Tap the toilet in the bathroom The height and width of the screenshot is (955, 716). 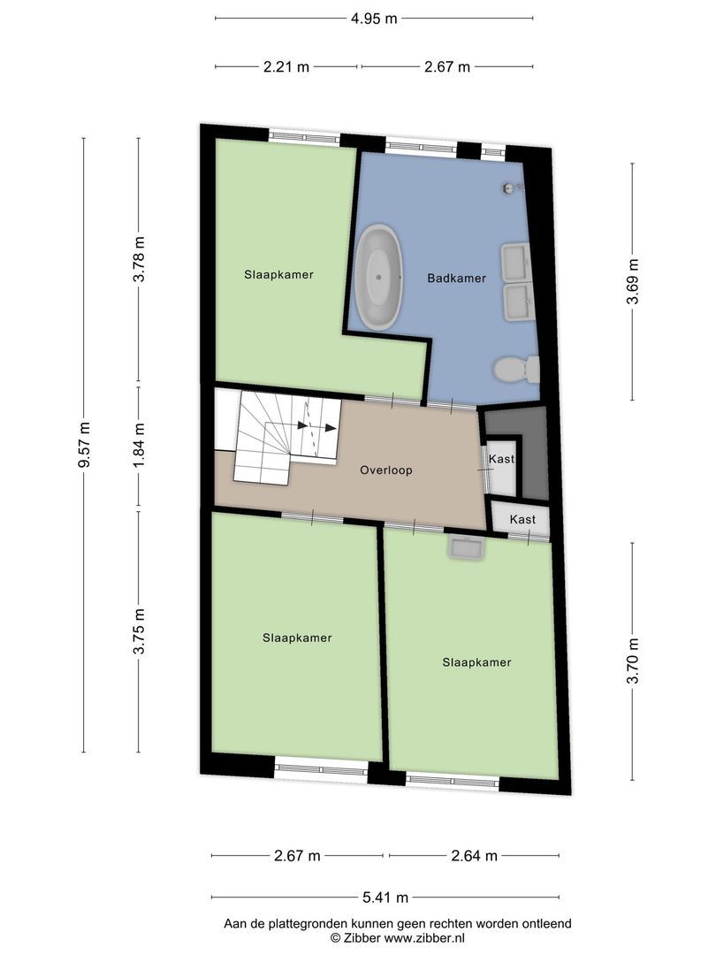pyautogui.click(x=515, y=369)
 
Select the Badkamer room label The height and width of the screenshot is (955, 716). pyautogui.click(x=456, y=278)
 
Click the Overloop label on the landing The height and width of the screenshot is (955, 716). pyautogui.click(x=386, y=470)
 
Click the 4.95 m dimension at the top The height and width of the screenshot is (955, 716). pyautogui.click(x=373, y=18)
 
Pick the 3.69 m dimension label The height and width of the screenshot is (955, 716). pyautogui.click(x=632, y=281)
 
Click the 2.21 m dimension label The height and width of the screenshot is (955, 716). pyautogui.click(x=286, y=67)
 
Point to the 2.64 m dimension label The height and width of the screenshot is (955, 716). pyautogui.click(x=474, y=855)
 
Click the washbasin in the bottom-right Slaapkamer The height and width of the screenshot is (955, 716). pyautogui.click(x=466, y=548)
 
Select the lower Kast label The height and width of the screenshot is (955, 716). pyautogui.click(x=522, y=520)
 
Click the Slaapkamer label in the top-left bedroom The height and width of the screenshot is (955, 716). pyautogui.click(x=278, y=274)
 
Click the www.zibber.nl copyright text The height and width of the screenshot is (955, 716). pyautogui.click(x=397, y=937)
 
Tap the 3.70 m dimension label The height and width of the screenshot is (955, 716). pyautogui.click(x=632, y=661)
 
